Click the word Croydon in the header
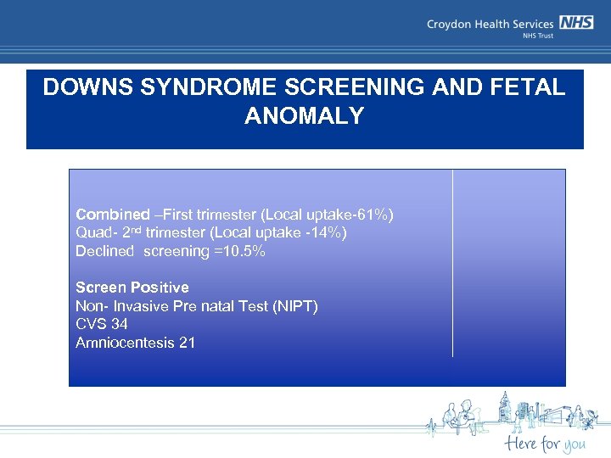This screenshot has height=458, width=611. click(450, 25)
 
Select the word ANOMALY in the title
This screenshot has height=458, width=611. click(304, 116)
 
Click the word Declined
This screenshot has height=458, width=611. click(105, 251)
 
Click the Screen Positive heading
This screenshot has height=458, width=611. click(132, 288)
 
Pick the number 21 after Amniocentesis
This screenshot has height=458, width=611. click(187, 343)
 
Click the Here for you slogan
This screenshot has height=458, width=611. click(544, 443)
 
